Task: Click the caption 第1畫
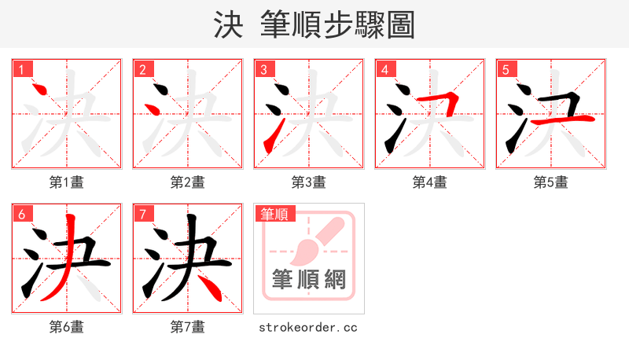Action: click(x=66, y=182)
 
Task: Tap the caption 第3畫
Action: click(x=308, y=182)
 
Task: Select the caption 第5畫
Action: click(x=550, y=182)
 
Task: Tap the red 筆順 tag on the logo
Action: click(x=274, y=214)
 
